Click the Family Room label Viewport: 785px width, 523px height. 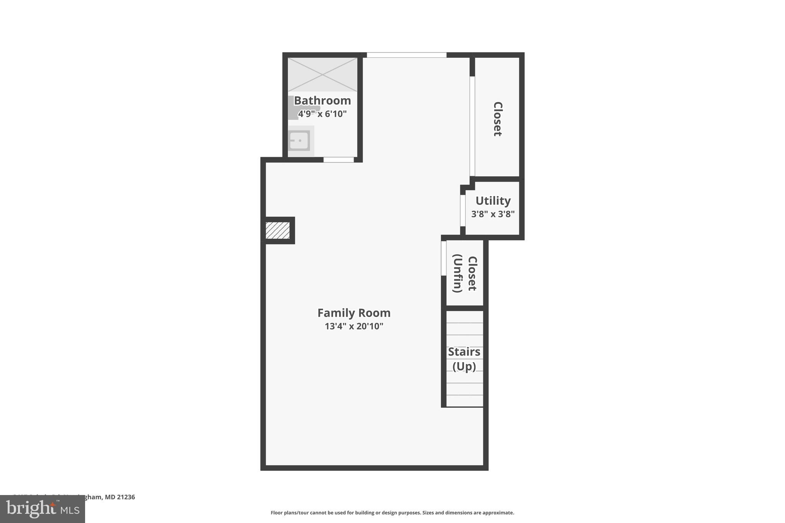pos(354,313)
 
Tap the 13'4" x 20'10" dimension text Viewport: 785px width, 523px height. pos(354,326)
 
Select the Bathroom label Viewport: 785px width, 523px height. pos(322,101)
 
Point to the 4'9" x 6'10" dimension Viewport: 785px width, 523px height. pos(322,114)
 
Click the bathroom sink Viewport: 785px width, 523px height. pos(299,141)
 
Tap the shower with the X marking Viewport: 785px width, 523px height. pos(322,75)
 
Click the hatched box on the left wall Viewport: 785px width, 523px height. pos(278,230)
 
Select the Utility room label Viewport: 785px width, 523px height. pos(493,201)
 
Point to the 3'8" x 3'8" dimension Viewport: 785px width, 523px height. pos(493,214)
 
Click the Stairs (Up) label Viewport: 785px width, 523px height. pos(464,359)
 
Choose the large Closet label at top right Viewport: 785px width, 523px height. pos(498,119)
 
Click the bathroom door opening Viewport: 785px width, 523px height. pos(338,160)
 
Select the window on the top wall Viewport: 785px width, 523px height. pos(406,55)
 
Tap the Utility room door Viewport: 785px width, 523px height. pos(463,211)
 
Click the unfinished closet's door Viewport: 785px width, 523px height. pos(443,258)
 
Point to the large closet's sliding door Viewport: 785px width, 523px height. pos(472,126)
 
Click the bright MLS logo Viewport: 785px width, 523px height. pos(43,509)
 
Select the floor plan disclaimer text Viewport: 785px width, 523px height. pos(392,513)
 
